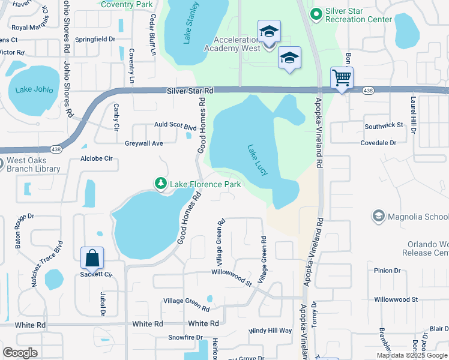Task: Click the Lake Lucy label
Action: click(258, 160)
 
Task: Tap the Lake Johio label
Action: click(34, 90)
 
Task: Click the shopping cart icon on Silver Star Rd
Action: click(342, 77)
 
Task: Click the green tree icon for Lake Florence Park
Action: click(161, 183)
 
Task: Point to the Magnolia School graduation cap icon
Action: click(378, 215)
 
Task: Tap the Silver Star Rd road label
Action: click(190, 91)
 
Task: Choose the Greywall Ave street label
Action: click(144, 143)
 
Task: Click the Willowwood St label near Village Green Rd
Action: click(231, 272)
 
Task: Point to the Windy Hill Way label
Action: click(271, 331)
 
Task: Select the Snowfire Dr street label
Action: click(185, 338)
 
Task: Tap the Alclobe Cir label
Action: click(97, 159)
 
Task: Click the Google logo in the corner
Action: click(20, 352)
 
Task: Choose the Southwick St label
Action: click(384, 125)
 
